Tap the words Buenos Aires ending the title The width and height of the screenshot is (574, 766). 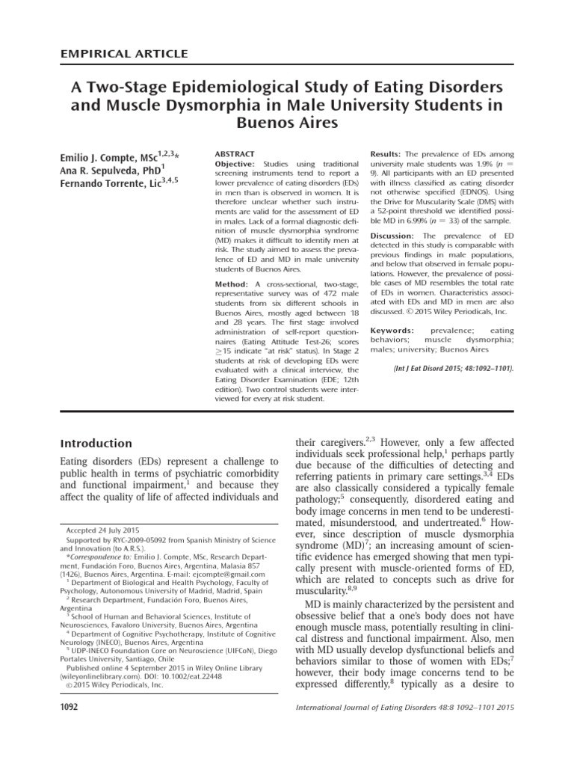pyautogui.click(x=287, y=122)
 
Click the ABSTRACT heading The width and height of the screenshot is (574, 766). pyautogui.click(x=235, y=153)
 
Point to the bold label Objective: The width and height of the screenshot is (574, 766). pyautogui.click(x=235, y=163)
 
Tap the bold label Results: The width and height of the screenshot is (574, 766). pyautogui.click(x=389, y=153)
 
